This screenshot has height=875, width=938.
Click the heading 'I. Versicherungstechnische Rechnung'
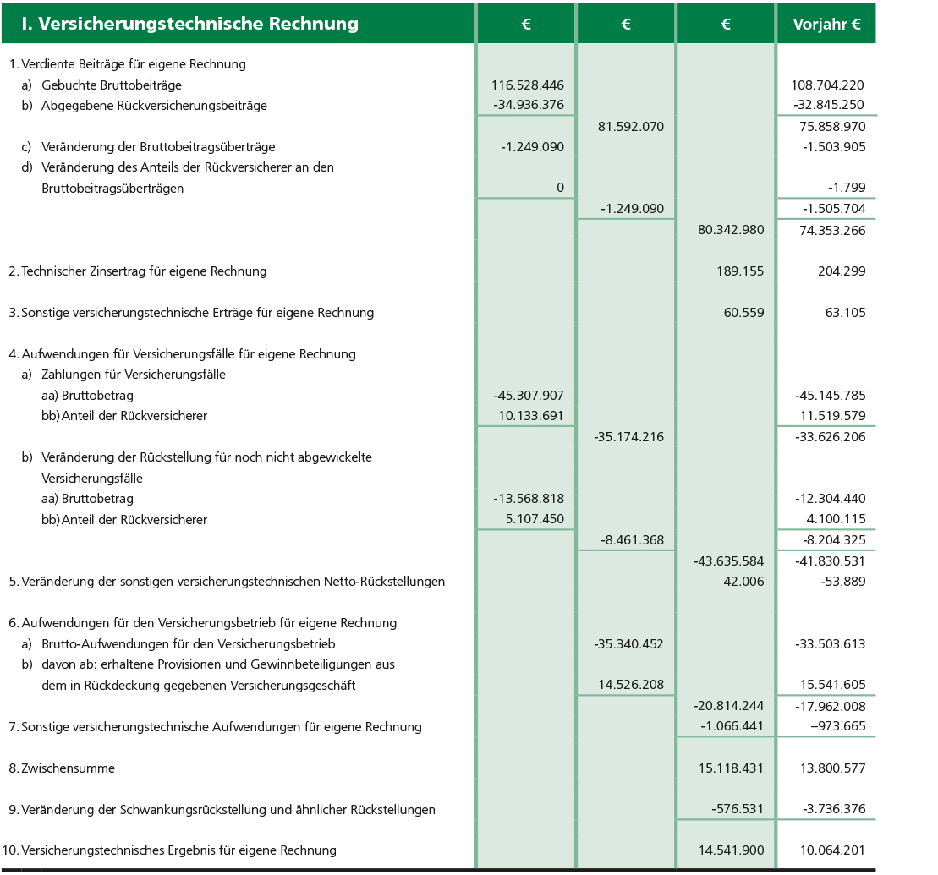[190, 24]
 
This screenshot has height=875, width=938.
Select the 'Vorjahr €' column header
[826, 25]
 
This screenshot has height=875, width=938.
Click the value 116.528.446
[527, 85]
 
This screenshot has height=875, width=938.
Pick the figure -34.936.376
[528, 106]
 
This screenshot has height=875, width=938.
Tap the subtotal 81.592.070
[630, 127]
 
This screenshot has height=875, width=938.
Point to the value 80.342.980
[731, 230]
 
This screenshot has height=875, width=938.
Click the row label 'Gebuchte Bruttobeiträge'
[112, 85]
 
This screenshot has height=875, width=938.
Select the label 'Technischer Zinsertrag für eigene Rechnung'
[144, 271]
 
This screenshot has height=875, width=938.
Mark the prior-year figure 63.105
[844, 313]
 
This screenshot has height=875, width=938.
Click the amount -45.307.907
[528, 396]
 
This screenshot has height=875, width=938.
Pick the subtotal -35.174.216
[628, 437]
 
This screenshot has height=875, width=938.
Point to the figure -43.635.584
[728, 561]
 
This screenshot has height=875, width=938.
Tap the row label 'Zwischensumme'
[68, 768]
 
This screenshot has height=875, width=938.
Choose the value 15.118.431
[731, 768]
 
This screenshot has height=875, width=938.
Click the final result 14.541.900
[731, 850]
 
